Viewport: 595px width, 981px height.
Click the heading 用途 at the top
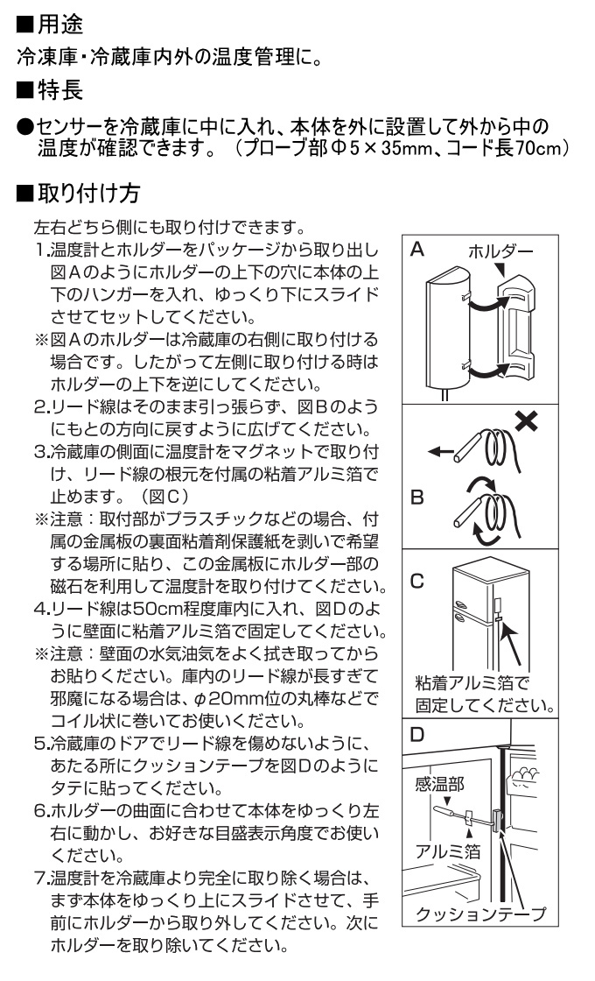60,25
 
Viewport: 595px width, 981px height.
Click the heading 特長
60,90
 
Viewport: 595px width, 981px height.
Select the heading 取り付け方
88,193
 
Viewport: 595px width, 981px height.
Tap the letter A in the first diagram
416,250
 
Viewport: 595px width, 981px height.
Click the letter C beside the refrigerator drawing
417,581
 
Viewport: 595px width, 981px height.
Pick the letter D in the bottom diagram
416,734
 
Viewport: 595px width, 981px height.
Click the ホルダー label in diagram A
500,251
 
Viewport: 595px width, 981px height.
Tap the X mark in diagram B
527,421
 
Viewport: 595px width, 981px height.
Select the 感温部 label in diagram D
440,784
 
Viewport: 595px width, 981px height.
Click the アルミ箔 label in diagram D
448,851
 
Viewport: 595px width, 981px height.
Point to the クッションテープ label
480,914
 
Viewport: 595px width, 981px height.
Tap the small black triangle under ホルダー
500,268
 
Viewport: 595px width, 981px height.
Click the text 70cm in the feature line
540,150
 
